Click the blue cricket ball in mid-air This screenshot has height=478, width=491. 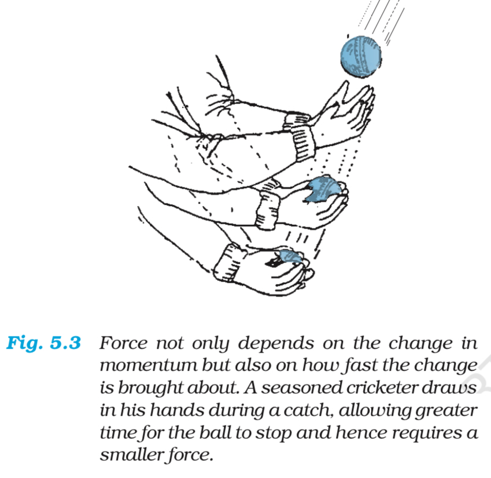[x=361, y=56]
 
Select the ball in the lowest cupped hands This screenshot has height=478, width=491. [x=290, y=257]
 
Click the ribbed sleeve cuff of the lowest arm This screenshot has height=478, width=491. [x=228, y=262]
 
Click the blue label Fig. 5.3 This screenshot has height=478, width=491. [x=44, y=343]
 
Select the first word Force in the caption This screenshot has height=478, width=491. [x=123, y=343]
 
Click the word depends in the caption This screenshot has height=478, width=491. [x=275, y=344]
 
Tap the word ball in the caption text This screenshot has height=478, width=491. [x=216, y=432]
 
